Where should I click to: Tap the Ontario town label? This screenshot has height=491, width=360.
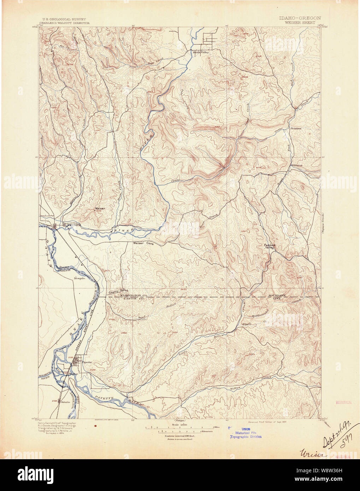[x=66, y=402]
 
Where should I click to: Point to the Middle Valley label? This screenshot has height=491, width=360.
[x=201, y=53]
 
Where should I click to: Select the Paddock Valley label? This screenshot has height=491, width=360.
[x=270, y=246]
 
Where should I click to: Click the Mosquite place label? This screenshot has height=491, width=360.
[x=79, y=278]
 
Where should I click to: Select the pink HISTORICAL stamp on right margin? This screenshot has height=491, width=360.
[x=343, y=402]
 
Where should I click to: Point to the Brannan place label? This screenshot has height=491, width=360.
[x=296, y=129]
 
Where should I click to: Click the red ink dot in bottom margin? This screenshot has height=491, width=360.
[x=95, y=426]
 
